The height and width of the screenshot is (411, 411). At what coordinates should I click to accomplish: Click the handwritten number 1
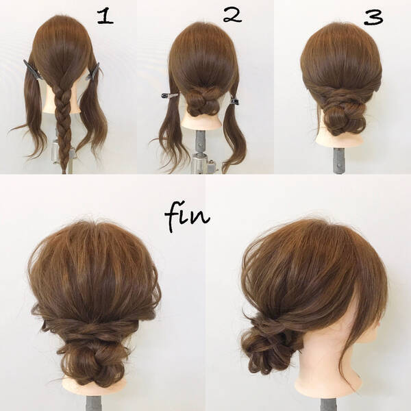tap(105, 16)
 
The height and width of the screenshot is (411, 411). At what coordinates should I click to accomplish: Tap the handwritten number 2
tap(232, 14)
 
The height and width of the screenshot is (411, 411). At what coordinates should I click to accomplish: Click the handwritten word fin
tap(187, 217)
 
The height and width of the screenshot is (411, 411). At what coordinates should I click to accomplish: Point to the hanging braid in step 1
tap(63, 126)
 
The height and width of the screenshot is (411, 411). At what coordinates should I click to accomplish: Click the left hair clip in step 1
tap(32, 69)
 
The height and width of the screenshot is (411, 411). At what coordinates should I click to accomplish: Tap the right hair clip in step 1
tap(93, 71)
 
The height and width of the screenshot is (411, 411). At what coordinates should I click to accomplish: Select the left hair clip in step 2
tap(170, 95)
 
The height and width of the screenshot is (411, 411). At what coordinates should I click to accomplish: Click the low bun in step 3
tap(342, 117)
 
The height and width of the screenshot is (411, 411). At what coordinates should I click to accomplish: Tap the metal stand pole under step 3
tap(340, 160)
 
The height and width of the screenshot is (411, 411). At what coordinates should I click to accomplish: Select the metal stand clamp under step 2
tap(203, 162)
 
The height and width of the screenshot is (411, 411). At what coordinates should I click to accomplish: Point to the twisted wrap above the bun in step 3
tap(340, 91)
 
